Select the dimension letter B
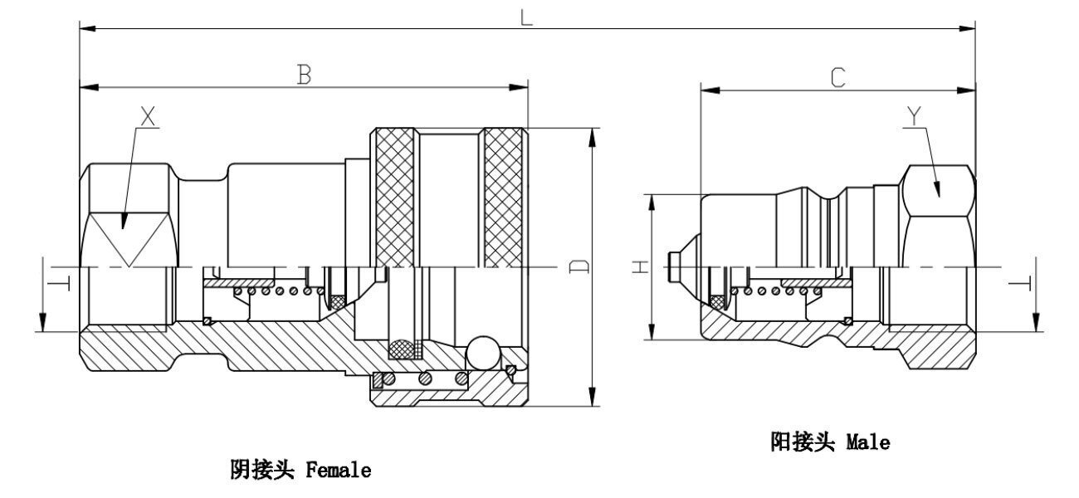point(304,76)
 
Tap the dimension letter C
point(837,78)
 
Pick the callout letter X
point(148,118)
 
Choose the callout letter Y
point(914,117)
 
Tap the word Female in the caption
point(338,471)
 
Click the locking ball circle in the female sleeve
point(483,354)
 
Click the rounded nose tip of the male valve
point(673,266)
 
